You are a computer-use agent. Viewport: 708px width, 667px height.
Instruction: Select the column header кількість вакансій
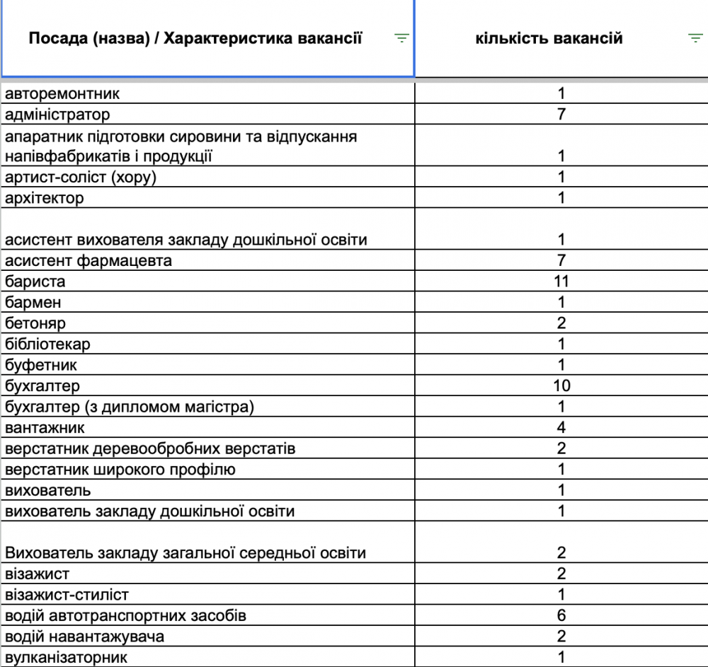pos(549,38)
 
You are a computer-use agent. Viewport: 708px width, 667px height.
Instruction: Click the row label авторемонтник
pos(62,93)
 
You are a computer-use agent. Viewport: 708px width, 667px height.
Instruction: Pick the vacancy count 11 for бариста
pos(561,282)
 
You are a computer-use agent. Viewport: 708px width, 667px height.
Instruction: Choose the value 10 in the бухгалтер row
pos(561,386)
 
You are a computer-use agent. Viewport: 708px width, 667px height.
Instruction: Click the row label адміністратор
pos(57,114)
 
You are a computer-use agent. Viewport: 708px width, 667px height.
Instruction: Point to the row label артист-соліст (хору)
pos(81,177)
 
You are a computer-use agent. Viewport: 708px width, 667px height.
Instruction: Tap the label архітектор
pos(44,198)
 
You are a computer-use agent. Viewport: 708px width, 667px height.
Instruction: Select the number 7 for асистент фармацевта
pos(561,260)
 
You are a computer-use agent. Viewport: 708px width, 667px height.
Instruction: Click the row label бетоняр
pos(35,323)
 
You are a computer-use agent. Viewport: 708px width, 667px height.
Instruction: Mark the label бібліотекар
pos(47,344)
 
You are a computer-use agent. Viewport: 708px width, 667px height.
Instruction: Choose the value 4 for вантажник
pos(561,428)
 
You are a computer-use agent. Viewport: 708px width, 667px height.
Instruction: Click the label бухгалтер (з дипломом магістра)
pos(129,407)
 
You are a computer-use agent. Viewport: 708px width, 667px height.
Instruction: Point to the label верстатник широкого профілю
pos(120,470)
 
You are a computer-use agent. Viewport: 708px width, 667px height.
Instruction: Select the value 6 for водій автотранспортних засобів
pos(561,615)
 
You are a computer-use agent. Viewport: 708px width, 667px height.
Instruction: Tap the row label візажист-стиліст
pos(67,595)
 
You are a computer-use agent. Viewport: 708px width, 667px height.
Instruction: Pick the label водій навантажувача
pos(84,637)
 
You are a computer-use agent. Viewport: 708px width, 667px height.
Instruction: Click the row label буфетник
pos(41,365)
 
